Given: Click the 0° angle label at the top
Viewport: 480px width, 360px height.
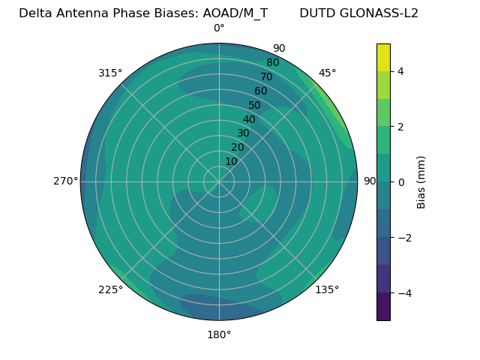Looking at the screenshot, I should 219,28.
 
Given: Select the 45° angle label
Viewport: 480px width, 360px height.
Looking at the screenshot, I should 328,73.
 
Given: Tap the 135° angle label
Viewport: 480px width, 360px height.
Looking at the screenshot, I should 327,289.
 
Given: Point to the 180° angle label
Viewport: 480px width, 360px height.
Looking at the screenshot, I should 219,334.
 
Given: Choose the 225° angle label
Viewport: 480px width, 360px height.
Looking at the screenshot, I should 110,290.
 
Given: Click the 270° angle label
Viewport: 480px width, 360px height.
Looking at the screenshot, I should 65,181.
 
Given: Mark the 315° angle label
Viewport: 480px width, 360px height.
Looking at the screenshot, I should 110,73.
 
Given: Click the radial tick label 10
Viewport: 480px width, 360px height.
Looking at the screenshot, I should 231,161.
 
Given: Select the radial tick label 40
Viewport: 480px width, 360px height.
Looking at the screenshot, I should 249,119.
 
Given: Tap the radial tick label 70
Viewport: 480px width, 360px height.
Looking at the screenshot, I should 266,76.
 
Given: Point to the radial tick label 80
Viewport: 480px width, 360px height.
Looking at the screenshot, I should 272,63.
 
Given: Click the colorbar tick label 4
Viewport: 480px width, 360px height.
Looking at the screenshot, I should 401,71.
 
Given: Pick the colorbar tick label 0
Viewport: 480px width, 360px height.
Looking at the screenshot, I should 401,181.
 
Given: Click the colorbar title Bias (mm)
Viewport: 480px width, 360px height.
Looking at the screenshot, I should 421,181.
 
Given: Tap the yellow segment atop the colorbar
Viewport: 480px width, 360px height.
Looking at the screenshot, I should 383,57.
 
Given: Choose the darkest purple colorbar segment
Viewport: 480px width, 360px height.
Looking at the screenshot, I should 383,306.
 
